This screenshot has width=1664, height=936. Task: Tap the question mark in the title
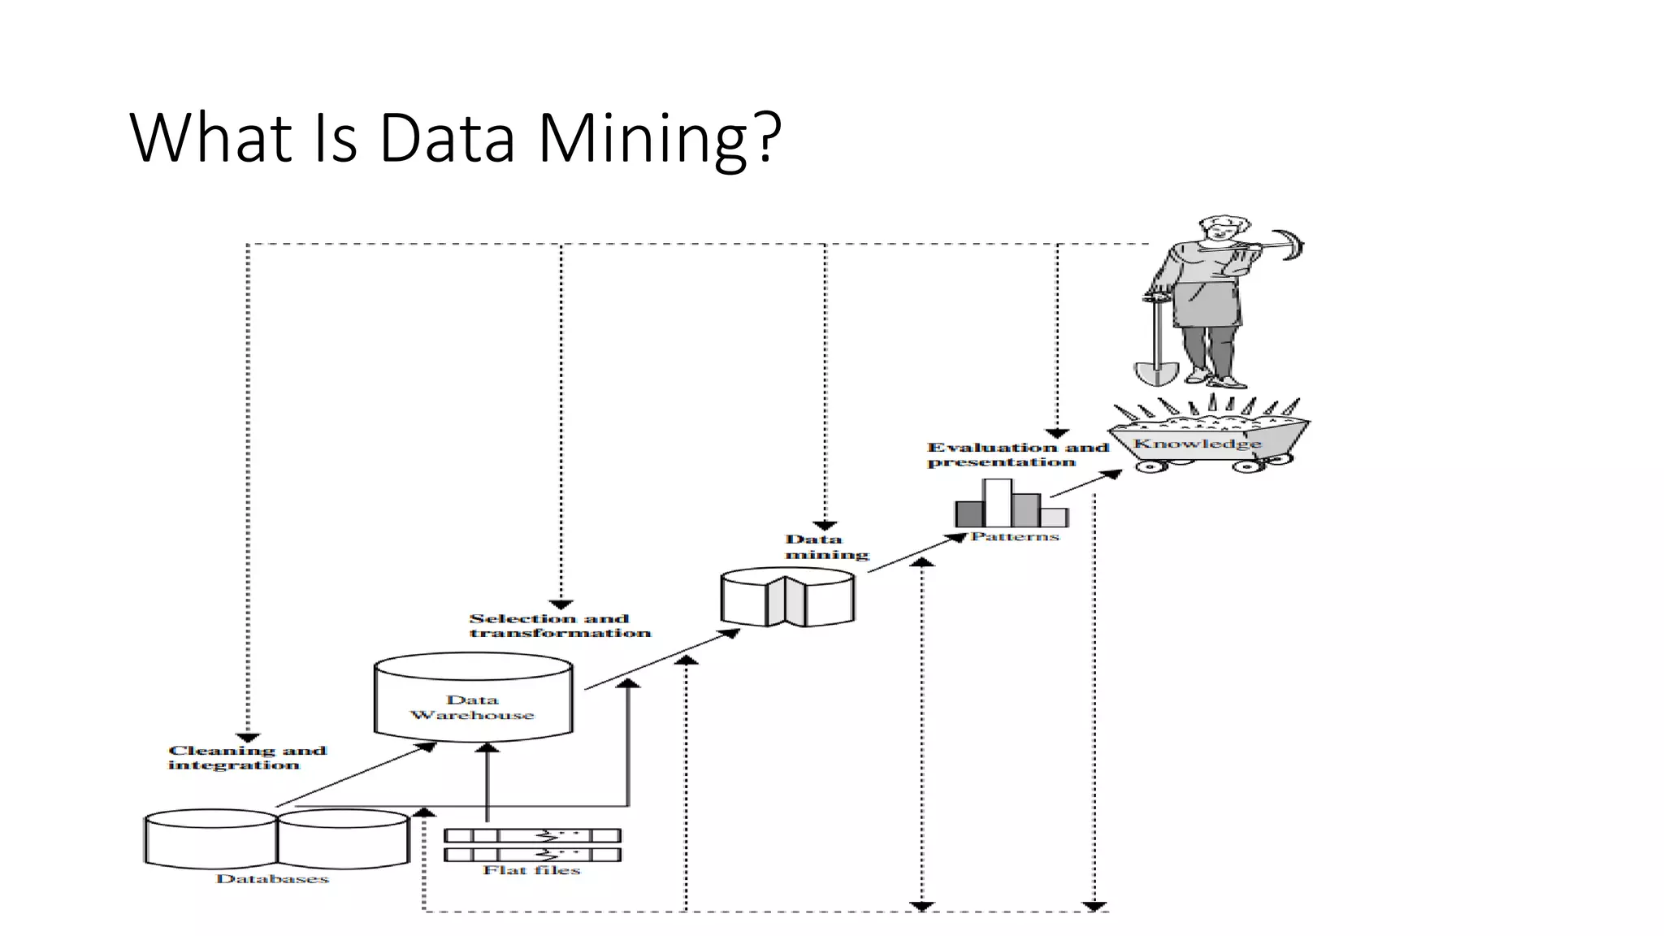[766, 136]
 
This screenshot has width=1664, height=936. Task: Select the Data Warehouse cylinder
[473, 699]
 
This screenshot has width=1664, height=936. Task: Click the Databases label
[272, 878]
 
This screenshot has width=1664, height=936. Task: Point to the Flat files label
[531, 870]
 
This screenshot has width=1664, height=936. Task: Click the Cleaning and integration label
[246, 757]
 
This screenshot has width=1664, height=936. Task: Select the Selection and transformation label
[559, 626]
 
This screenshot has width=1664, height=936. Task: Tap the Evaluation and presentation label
[1017, 454]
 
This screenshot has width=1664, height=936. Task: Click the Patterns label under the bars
[1015, 536]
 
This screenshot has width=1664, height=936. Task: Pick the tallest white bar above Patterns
[998, 502]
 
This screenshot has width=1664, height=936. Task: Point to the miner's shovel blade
[1155, 373]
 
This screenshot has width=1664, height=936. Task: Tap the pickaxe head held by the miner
[1290, 245]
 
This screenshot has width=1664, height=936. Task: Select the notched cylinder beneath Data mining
[786, 598]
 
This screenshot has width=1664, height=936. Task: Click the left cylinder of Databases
[210, 838]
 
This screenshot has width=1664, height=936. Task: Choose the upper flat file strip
[532, 835]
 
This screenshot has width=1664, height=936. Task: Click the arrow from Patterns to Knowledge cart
[1085, 484]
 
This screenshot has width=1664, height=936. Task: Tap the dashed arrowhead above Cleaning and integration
[248, 737]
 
